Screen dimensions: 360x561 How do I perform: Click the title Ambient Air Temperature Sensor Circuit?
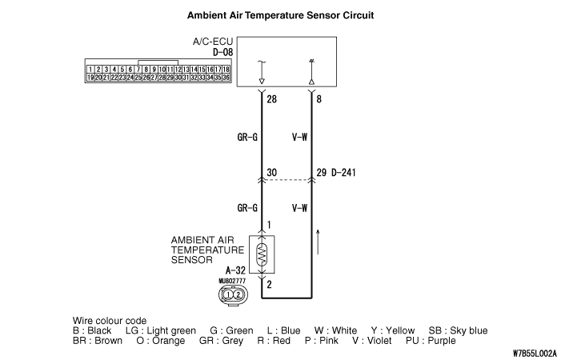click(x=280, y=15)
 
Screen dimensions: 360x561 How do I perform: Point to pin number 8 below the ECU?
click(x=320, y=99)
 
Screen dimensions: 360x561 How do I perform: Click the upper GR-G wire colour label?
click(x=246, y=137)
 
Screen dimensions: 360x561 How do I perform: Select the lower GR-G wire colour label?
click(x=246, y=208)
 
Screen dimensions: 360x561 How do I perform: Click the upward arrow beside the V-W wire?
click(x=319, y=240)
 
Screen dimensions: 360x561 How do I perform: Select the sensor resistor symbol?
click(x=262, y=254)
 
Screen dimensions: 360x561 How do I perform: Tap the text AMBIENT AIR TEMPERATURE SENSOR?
click(x=207, y=250)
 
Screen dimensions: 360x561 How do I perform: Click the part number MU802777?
click(x=231, y=282)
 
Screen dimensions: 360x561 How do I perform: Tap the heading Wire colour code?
click(x=110, y=320)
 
